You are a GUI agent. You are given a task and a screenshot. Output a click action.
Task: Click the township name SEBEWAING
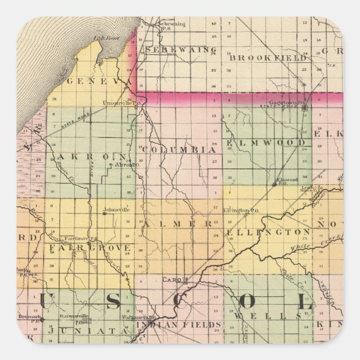173,50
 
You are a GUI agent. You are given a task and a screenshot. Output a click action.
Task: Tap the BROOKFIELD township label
269,58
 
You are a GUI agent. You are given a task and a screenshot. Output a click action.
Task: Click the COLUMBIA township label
178,150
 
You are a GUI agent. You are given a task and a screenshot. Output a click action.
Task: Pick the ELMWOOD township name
267,143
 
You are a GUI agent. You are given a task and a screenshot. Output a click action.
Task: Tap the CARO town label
169,278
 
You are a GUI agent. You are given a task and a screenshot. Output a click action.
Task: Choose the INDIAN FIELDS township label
179,324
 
